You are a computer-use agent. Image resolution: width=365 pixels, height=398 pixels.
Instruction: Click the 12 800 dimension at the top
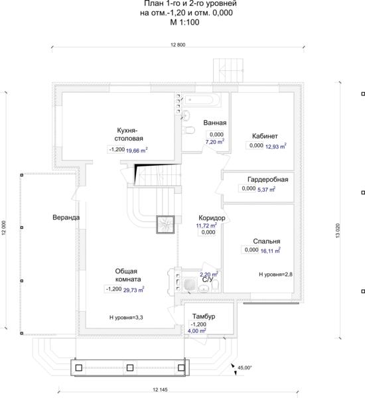click(178, 45)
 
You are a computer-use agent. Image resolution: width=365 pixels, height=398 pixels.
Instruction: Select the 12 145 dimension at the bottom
click(160, 389)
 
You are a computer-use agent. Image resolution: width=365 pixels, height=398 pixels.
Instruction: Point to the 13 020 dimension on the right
click(338, 230)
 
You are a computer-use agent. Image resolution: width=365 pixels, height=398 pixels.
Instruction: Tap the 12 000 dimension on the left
click(3, 228)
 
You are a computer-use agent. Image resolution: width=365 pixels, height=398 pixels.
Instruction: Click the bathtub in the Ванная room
click(202, 100)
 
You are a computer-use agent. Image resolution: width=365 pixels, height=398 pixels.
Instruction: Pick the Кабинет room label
click(265, 136)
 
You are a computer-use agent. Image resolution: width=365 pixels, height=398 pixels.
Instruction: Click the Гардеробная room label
click(267, 180)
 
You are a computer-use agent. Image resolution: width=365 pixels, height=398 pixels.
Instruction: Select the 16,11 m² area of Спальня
click(271, 251)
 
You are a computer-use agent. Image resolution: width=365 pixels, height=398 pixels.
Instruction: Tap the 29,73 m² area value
click(134, 290)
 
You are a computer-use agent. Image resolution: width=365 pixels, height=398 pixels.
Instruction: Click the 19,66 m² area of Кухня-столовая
click(137, 151)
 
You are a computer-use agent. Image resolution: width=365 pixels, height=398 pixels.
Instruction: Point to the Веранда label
click(66, 218)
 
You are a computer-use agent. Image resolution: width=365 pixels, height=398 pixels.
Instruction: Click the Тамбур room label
click(204, 316)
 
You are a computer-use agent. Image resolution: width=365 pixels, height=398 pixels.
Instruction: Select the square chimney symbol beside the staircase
click(165, 224)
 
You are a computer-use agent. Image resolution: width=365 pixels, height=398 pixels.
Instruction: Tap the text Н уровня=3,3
click(126, 317)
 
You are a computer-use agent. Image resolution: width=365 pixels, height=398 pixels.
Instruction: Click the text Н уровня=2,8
click(275, 275)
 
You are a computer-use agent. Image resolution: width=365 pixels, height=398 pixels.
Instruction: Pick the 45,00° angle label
click(245, 367)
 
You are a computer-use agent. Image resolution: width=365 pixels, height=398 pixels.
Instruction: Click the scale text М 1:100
click(184, 23)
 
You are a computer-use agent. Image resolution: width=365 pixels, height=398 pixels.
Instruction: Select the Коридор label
click(212, 218)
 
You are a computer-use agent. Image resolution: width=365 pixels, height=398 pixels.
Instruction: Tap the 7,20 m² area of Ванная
click(215, 142)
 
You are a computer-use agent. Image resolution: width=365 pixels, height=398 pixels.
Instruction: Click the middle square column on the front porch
click(130, 367)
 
